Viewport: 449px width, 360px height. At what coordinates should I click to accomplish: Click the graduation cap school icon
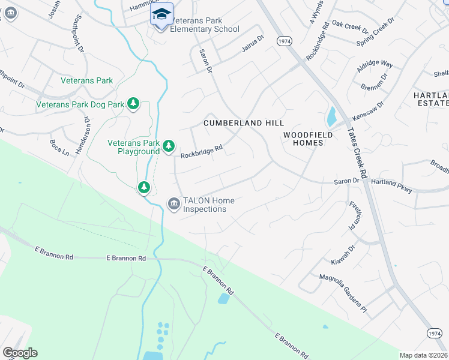pyautogui.click(x=161, y=13)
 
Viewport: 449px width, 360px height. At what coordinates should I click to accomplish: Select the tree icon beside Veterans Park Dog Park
pyautogui.click(x=133, y=104)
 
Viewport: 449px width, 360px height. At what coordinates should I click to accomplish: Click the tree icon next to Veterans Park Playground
pyautogui.click(x=169, y=146)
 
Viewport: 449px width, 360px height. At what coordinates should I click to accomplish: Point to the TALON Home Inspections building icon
pyautogui.click(x=173, y=204)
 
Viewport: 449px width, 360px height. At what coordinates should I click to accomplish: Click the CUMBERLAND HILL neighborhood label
pyautogui.click(x=243, y=122)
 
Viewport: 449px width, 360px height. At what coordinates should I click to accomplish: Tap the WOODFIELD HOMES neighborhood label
pyautogui.click(x=308, y=139)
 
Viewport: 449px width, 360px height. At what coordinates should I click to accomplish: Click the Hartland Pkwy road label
pyautogui.click(x=392, y=185)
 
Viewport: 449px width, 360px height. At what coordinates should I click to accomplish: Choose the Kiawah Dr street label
pyautogui.click(x=343, y=254)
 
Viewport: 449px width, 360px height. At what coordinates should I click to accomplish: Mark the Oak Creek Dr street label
pyautogui.click(x=350, y=27)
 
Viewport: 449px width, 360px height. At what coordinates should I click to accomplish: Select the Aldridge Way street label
pyautogui.click(x=375, y=67)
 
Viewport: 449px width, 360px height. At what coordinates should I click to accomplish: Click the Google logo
pyautogui.click(x=20, y=353)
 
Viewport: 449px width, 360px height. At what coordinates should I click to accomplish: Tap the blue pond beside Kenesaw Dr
pyautogui.click(x=331, y=114)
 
